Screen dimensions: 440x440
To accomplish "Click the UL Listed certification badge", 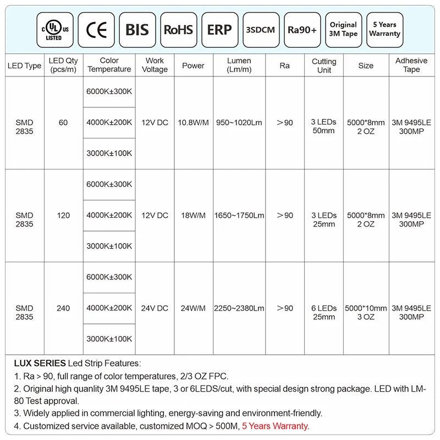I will point(53,29).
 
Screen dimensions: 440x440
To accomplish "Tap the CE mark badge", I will point(97,29).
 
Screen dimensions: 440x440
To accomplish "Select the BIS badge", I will point(137,29).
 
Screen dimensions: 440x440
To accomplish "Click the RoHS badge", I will point(179,29).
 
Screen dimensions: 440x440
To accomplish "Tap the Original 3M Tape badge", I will point(343,29).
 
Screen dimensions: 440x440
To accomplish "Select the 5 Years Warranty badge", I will point(384,29).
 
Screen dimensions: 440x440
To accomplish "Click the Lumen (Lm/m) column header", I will point(239,65).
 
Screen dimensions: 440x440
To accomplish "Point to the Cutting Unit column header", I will point(324,65).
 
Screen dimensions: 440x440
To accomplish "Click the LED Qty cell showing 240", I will point(63,309).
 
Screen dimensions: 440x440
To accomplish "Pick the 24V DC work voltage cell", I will point(155,309).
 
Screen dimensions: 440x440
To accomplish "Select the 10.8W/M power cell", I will point(193,123).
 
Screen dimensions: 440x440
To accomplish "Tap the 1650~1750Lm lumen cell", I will point(239,216).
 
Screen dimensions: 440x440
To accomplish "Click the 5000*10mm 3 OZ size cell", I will point(366,312).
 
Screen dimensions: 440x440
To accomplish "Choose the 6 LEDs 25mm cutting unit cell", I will point(324,312).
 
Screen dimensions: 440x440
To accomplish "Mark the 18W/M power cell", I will point(193,216).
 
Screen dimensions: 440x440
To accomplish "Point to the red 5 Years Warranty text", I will point(275,426).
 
